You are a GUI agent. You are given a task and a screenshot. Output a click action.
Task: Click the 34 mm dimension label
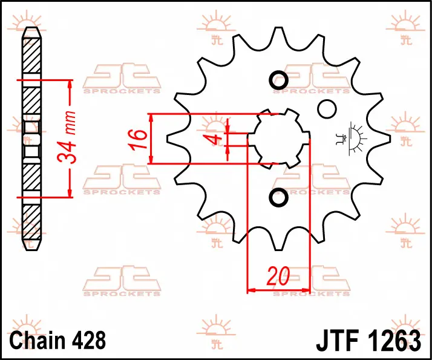pos(67,138)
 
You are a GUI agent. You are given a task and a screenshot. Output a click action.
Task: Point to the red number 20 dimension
pos(278,276)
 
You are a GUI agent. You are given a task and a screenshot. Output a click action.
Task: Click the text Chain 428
pos(57,340)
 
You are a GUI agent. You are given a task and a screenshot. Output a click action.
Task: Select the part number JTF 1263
pos(368,341)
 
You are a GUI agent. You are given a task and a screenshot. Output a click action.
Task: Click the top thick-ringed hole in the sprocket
pos(278,80)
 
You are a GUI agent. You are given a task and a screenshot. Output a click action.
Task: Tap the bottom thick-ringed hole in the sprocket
pos(278,197)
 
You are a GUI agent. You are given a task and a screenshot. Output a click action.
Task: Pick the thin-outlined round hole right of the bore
pos(327,109)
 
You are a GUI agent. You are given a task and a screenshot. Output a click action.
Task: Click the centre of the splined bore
pos(278,139)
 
